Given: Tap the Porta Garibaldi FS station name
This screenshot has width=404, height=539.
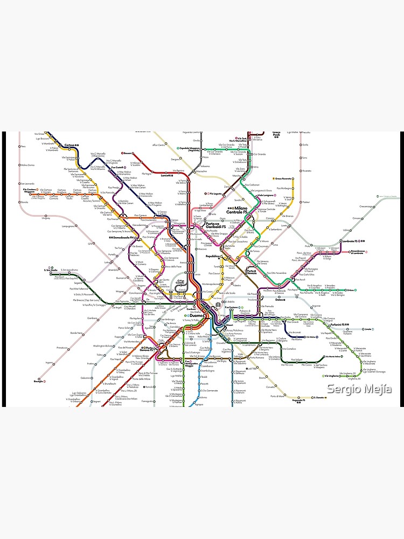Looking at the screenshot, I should click(x=217, y=226).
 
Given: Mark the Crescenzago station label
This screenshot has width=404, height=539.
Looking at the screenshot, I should click(x=366, y=206).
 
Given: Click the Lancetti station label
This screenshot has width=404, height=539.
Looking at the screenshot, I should click(x=166, y=175).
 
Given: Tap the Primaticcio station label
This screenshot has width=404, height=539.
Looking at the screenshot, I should click(x=62, y=348).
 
